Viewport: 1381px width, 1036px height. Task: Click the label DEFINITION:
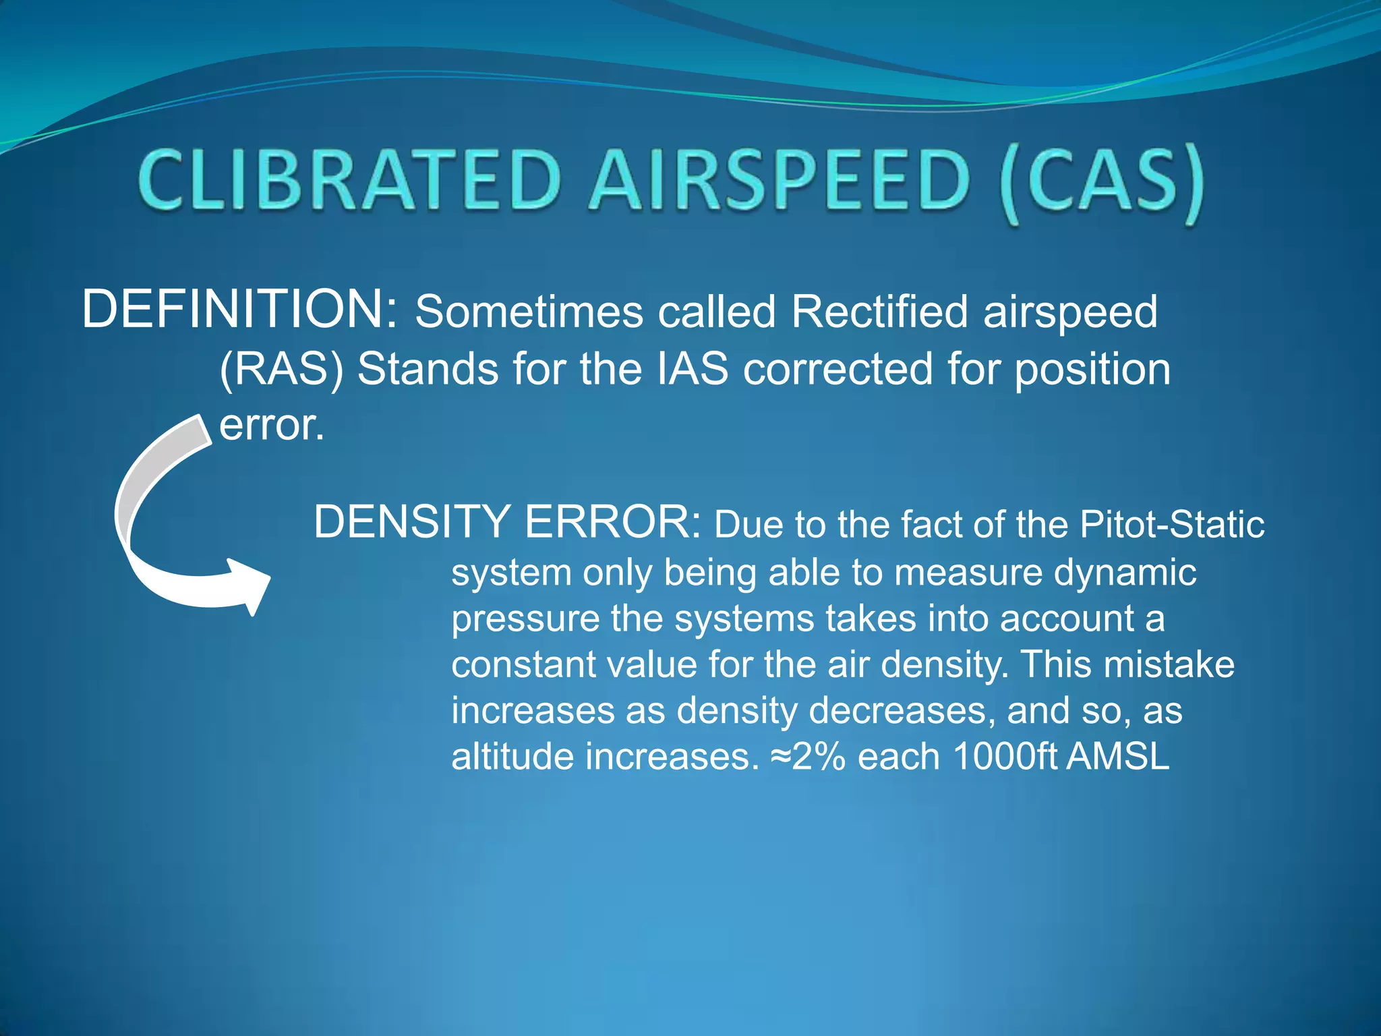click(x=240, y=310)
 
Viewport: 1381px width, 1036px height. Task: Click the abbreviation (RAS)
click(x=282, y=370)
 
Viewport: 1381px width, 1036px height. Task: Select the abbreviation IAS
click(x=693, y=370)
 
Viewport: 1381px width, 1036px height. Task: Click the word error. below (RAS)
click(x=272, y=426)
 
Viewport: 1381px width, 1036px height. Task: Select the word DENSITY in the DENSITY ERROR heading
click(x=412, y=522)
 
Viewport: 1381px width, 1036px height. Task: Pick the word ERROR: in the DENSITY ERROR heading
click(x=613, y=522)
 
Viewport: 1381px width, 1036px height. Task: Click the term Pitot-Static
click(x=1172, y=524)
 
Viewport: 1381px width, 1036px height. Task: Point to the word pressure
click(x=525, y=620)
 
